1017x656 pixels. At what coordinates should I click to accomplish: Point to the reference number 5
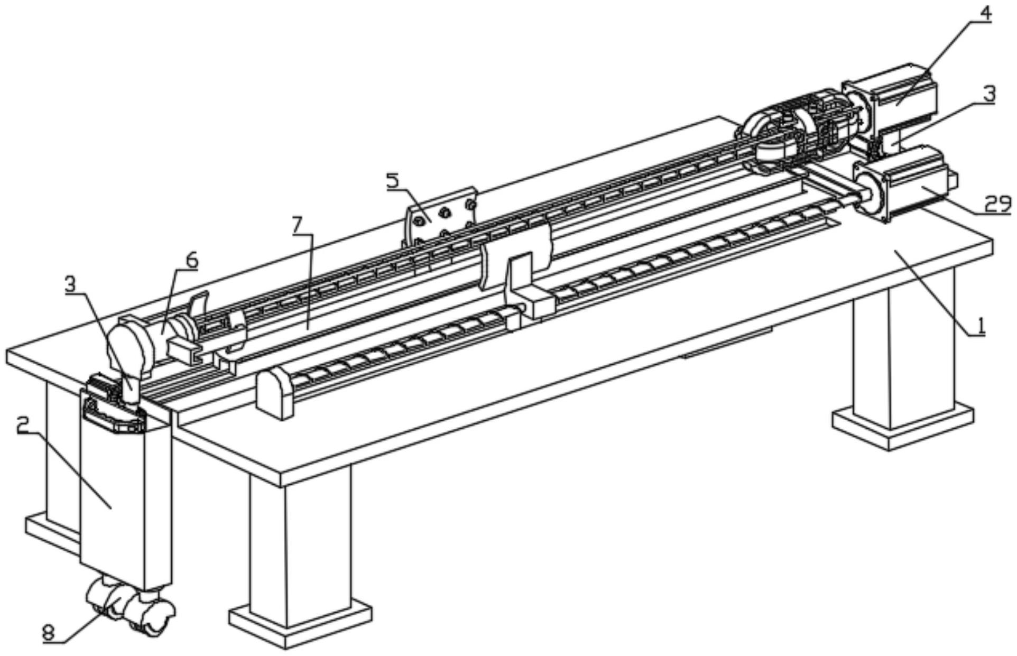393,181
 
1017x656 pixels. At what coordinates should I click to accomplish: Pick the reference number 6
191,260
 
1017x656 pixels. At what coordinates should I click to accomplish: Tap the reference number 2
22,424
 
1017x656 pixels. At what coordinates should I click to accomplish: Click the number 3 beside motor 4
989,94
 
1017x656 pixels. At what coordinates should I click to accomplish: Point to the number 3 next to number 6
70,284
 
